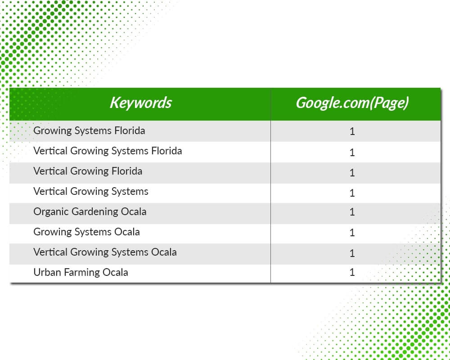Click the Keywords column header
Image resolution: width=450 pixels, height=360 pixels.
point(140,103)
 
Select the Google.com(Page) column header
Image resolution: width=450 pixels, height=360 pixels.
point(352,103)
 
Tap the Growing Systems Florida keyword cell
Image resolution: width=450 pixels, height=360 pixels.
point(89,131)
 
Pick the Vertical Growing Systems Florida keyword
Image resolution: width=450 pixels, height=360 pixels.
point(108,151)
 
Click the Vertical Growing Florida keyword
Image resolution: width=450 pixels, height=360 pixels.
point(88,171)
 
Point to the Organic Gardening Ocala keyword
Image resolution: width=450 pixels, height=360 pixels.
point(90,212)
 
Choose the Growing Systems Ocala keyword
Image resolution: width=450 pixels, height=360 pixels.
point(87,232)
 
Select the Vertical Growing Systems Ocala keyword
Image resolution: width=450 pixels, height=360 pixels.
point(105,252)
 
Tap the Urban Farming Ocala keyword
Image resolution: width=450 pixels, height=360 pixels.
point(81,272)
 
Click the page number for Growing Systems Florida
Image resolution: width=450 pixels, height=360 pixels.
point(352,131)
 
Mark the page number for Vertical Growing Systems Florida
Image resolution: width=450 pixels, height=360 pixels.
point(352,152)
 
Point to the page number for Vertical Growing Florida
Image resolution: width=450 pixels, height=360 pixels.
point(352,172)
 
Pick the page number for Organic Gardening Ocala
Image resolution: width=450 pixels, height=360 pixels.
point(352,212)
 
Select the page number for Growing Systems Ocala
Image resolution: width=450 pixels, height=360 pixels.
point(352,232)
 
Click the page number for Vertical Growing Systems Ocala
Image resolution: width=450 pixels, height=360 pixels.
point(352,253)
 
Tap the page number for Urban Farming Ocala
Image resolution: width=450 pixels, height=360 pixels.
point(352,272)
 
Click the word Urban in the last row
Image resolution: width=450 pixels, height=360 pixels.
point(47,272)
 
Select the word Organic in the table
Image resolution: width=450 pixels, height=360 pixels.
point(51,212)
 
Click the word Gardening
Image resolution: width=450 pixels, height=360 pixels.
point(94,212)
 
